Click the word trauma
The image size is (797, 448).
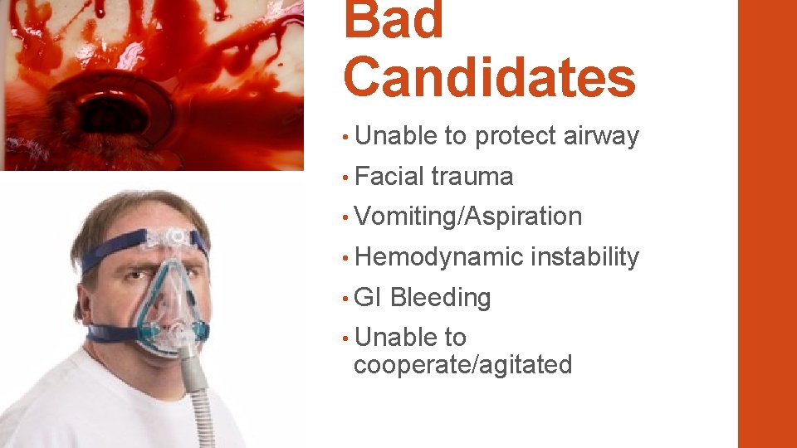(x=472, y=176)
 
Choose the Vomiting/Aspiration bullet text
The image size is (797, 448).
(x=467, y=217)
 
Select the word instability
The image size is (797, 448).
(x=584, y=257)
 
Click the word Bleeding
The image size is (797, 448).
(x=440, y=298)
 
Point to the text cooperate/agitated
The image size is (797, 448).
(x=462, y=365)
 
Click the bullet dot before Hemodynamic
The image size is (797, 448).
(x=345, y=258)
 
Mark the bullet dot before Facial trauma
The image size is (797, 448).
(x=345, y=177)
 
